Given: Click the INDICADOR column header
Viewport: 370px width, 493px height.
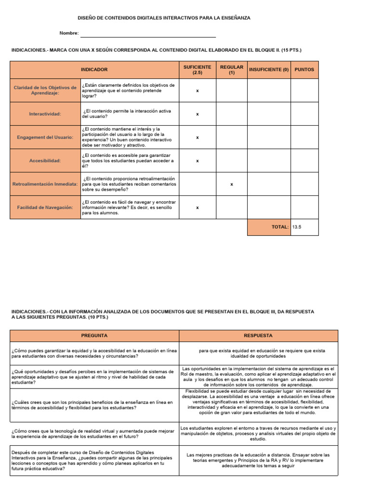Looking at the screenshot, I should click(x=94, y=69).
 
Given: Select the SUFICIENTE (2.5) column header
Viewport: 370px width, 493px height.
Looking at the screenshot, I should click(x=197, y=69).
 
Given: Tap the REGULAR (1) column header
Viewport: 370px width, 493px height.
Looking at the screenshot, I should click(x=231, y=69).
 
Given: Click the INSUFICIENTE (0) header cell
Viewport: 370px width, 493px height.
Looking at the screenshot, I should click(x=269, y=69).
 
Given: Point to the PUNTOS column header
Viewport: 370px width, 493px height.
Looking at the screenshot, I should click(x=304, y=69).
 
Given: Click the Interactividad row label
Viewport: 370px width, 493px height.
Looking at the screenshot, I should click(x=45, y=114).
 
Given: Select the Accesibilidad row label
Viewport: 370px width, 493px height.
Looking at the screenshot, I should click(x=45, y=161).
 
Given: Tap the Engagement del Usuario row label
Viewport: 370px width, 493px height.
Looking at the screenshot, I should click(x=45, y=137).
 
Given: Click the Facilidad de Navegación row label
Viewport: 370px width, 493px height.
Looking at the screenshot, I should click(x=45, y=208).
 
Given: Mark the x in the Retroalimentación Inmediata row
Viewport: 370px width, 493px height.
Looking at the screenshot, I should click(x=232, y=184).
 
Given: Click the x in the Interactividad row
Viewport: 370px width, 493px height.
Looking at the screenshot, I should click(x=198, y=115).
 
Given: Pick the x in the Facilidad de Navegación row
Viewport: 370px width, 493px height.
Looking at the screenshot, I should click(x=198, y=208).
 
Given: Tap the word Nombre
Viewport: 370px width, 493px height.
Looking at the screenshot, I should click(x=68, y=33).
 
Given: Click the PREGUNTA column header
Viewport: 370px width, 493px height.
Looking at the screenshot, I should click(x=94, y=336).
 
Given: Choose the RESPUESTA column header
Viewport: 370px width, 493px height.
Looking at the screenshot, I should click(x=258, y=336).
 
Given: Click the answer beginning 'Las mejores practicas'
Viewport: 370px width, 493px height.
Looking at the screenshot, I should click(x=258, y=460).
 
